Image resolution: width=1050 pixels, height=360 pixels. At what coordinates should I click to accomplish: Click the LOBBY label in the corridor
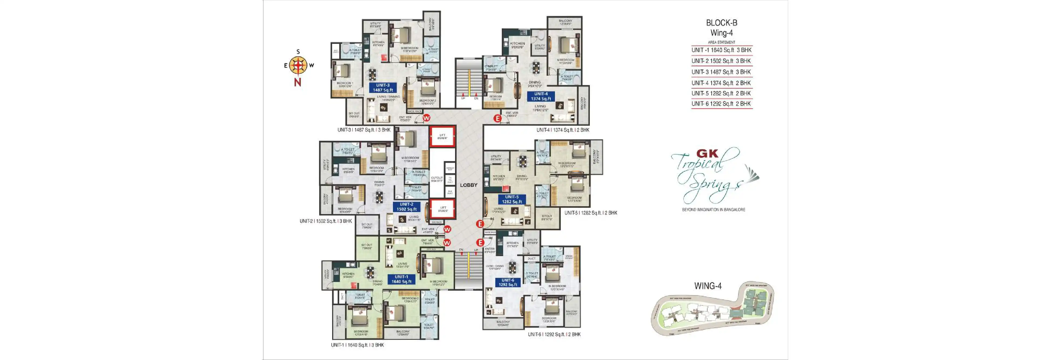pos(468,185)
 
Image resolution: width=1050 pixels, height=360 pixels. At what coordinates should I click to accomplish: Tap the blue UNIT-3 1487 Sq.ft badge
pos(383,88)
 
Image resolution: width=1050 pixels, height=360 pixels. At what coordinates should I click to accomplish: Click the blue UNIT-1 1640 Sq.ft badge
pos(401,279)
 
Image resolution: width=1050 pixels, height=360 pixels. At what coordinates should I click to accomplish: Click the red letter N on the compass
pos(298,82)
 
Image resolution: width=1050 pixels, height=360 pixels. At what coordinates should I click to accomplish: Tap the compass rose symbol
pos(298,65)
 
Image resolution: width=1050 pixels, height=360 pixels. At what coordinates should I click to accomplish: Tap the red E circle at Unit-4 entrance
pos(497,119)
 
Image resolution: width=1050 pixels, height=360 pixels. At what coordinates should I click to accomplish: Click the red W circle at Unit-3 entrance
pos(426,118)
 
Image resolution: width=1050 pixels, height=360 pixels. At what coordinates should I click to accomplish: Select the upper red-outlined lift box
pos(442,136)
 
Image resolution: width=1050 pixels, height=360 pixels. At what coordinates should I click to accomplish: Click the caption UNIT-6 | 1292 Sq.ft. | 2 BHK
pos(554,334)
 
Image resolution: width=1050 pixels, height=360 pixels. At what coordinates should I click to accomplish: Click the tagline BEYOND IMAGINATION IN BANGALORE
pos(713,209)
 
